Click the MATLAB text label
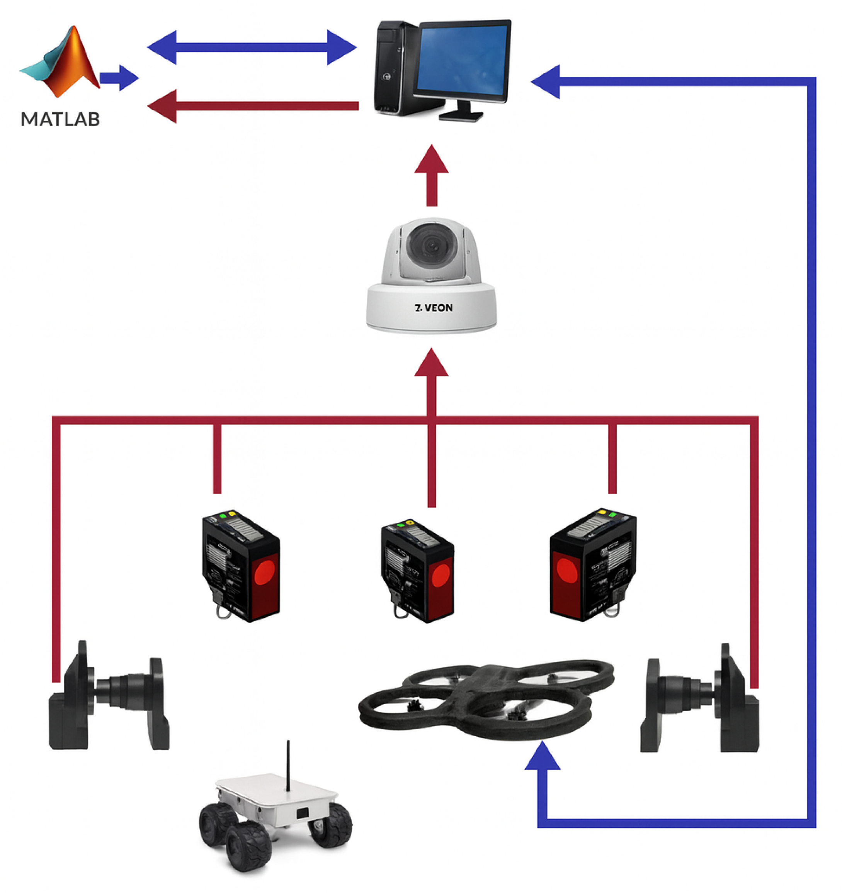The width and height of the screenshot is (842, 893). [60, 119]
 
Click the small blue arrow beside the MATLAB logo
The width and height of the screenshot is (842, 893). [119, 78]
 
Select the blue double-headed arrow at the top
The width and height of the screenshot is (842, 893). [252, 47]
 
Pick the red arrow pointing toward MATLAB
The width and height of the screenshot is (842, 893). [252, 106]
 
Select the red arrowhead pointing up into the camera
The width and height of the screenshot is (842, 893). [432, 363]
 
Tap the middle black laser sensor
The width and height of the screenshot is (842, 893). [417, 571]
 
